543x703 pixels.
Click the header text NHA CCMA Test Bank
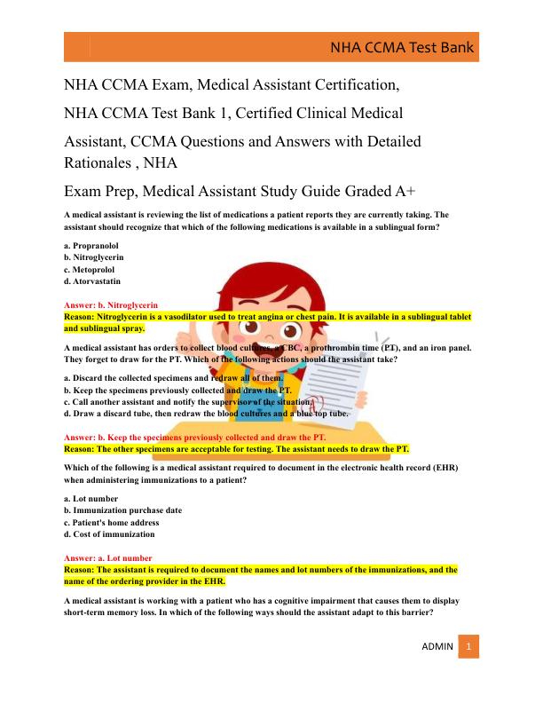[x=402, y=48]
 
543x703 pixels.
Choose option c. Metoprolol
[x=89, y=269]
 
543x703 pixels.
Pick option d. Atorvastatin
[x=92, y=281]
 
